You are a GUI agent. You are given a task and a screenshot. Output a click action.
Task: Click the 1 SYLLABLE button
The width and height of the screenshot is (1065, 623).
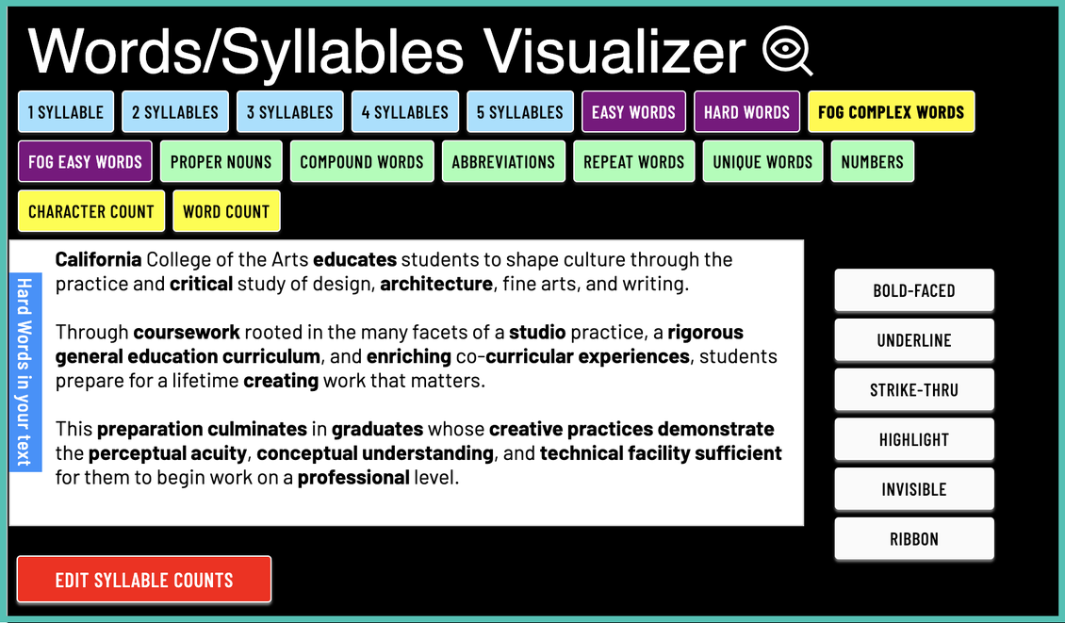(66, 112)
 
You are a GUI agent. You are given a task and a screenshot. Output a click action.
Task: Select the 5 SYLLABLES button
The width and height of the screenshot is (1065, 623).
(519, 112)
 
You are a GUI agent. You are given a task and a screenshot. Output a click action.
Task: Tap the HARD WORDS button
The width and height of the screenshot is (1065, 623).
(746, 112)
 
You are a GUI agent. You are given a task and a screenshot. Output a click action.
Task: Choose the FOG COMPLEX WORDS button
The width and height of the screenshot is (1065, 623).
(891, 112)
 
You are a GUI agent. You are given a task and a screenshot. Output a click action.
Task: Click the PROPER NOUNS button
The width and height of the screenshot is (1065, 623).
(221, 162)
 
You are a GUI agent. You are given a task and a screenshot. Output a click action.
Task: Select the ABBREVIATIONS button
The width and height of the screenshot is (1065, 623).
(503, 162)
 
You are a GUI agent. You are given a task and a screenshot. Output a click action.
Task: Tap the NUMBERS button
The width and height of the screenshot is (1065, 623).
(872, 162)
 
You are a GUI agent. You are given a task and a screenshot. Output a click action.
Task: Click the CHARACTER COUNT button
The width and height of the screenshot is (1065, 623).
(91, 212)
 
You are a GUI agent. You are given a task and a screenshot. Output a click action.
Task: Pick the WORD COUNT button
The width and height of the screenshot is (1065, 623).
(226, 212)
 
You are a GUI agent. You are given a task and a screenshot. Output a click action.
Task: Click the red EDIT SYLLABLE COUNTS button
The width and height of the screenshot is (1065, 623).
(144, 580)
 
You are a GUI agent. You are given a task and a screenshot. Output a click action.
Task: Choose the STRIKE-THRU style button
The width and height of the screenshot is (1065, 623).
(914, 390)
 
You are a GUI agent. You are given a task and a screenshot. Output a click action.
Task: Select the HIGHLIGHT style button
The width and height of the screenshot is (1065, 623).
(914, 440)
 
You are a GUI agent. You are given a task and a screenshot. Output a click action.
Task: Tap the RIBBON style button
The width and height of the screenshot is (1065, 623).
(914, 540)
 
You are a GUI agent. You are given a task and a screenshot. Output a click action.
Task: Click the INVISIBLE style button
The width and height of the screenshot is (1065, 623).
(914, 490)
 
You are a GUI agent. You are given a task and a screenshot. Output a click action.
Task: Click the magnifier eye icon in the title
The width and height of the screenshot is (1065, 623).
(787, 51)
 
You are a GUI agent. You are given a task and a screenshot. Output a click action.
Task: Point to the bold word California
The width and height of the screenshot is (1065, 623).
(99, 259)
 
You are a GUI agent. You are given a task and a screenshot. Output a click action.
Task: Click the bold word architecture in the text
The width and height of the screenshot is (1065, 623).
(435, 283)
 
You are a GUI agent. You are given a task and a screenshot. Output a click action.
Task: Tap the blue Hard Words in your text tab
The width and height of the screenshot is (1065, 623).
(25, 371)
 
